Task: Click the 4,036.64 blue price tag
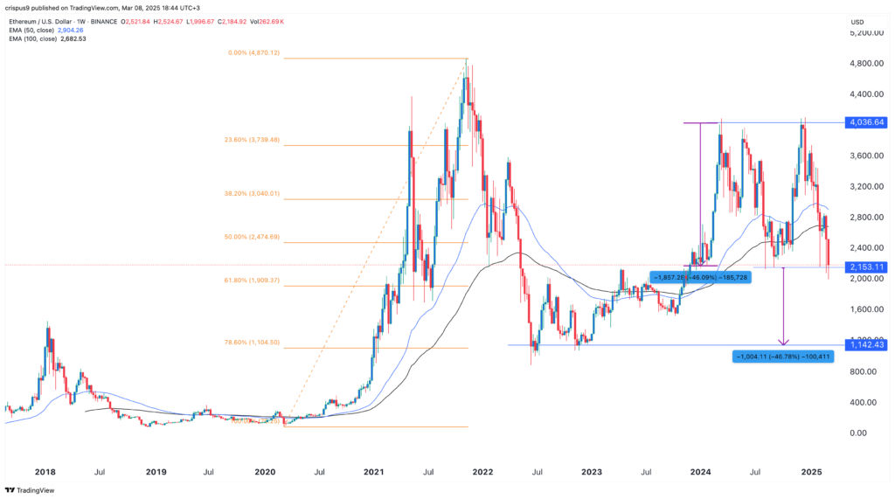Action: tap(866, 122)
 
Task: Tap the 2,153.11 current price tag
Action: tap(866, 267)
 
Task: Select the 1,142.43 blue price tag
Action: tap(866, 345)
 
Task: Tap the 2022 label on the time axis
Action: tap(482, 472)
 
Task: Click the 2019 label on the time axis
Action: tap(156, 472)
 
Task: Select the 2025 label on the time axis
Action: tap(811, 472)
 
